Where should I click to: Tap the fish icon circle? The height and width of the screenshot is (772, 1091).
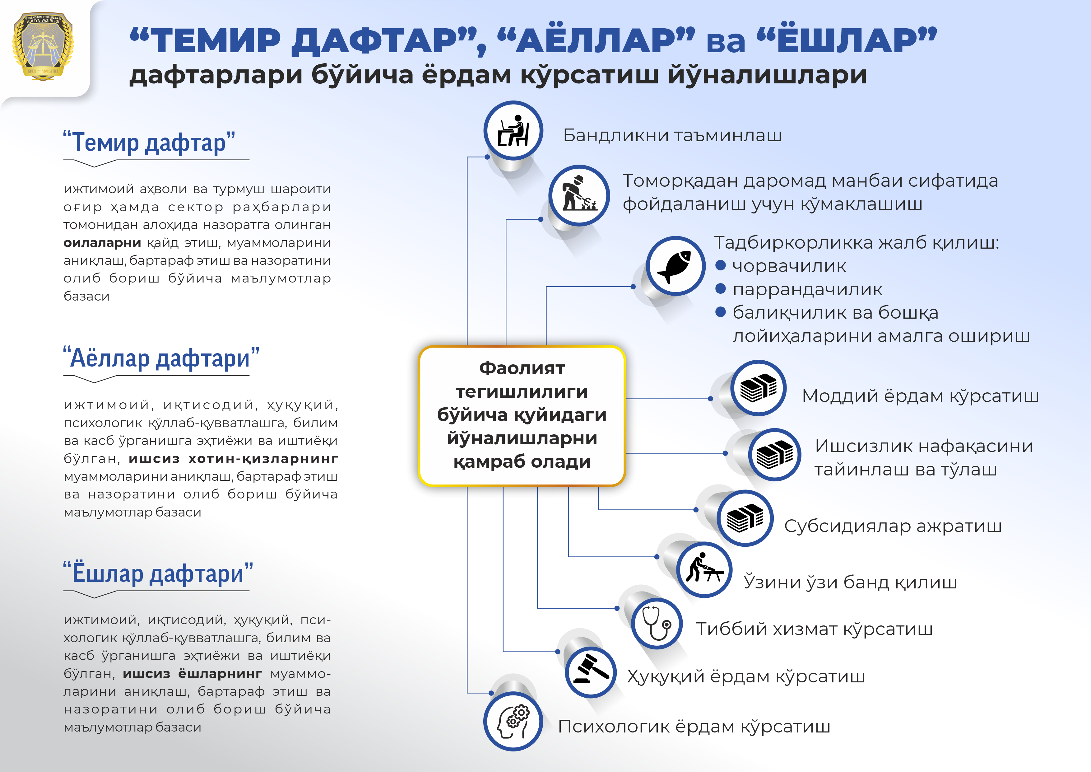tap(675, 266)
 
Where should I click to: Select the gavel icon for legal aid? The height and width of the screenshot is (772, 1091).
tap(591, 672)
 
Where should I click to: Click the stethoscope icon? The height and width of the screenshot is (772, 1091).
tap(657, 623)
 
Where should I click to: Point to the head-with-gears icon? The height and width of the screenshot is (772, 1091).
tap(513, 721)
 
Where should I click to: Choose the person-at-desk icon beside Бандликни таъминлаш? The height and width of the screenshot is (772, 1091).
tap(513, 130)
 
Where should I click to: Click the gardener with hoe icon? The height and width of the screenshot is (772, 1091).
tap(579, 195)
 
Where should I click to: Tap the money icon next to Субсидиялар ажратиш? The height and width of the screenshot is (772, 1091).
tap(745, 518)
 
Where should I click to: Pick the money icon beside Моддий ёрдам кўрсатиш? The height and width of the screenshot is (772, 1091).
tap(758, 388)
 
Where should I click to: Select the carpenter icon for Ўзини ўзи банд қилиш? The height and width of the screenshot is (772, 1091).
tap(704, 569)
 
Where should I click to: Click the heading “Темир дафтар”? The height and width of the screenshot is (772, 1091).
tap(149, 142)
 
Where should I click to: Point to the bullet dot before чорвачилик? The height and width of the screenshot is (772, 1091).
tap(720, 265)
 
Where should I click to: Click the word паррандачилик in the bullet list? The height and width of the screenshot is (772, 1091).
tap(807, 289)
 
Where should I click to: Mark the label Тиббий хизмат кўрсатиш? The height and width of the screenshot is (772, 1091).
tap(814, 629)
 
